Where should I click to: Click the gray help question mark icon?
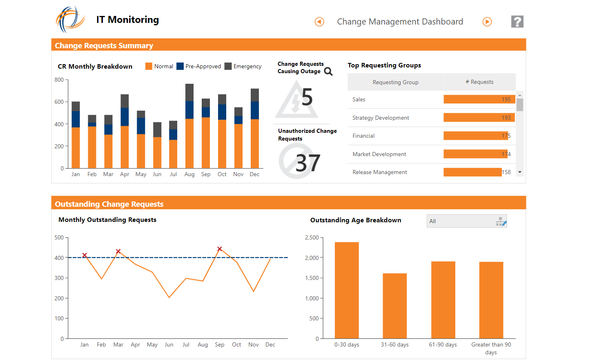pos(517,22)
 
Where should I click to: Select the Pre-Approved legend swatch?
pos(180,66)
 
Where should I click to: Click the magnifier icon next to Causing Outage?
pos(328,72)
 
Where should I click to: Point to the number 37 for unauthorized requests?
pos(308,163)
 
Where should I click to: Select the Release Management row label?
pos(380,172)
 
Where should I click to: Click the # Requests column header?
pos(479,82)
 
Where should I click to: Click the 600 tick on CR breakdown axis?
pos(59,102)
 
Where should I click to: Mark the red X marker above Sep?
pos(220,249)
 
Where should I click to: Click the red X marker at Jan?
pos(85,255)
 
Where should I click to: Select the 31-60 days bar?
pos(394,306)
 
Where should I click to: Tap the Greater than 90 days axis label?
pos(491,348)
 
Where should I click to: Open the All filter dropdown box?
pos(466,221)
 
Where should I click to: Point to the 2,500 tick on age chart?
pos(312,237)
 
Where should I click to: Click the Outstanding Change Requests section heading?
pos(109,204)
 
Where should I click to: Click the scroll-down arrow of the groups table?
pos(520,172)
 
